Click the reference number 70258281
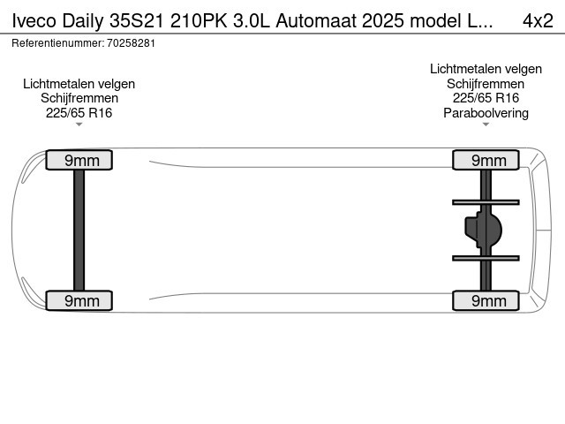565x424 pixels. click(x=132, y=43)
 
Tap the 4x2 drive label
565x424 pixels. click(x=538, y=21)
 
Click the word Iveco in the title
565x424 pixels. click(x=34, y=21)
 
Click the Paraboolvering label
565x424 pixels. click(x=486, y=113)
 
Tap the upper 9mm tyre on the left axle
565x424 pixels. click(x=79, y=160)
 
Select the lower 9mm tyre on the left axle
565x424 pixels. click(x=79, y=300)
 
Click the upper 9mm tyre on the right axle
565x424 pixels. click(x=486, y=160)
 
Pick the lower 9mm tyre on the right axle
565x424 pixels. click(x=486, y=300)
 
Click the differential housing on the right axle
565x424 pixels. click(x=483, y=230)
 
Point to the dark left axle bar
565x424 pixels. click(x=79, y=230)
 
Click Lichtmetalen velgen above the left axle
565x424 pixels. click(x=79, y=84)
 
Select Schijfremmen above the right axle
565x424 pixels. click(x=486, y=84)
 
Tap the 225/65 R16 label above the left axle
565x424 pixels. click(x=79, y=113)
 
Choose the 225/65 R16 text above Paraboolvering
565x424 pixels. click(x=486, y=98)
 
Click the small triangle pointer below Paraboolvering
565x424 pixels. click(x=486, y=125)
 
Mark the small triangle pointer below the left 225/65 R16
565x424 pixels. click(x=79, y=125)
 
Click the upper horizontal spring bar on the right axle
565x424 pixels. click(x=486, y=202)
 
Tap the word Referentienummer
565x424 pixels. click(x=58, y=43)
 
